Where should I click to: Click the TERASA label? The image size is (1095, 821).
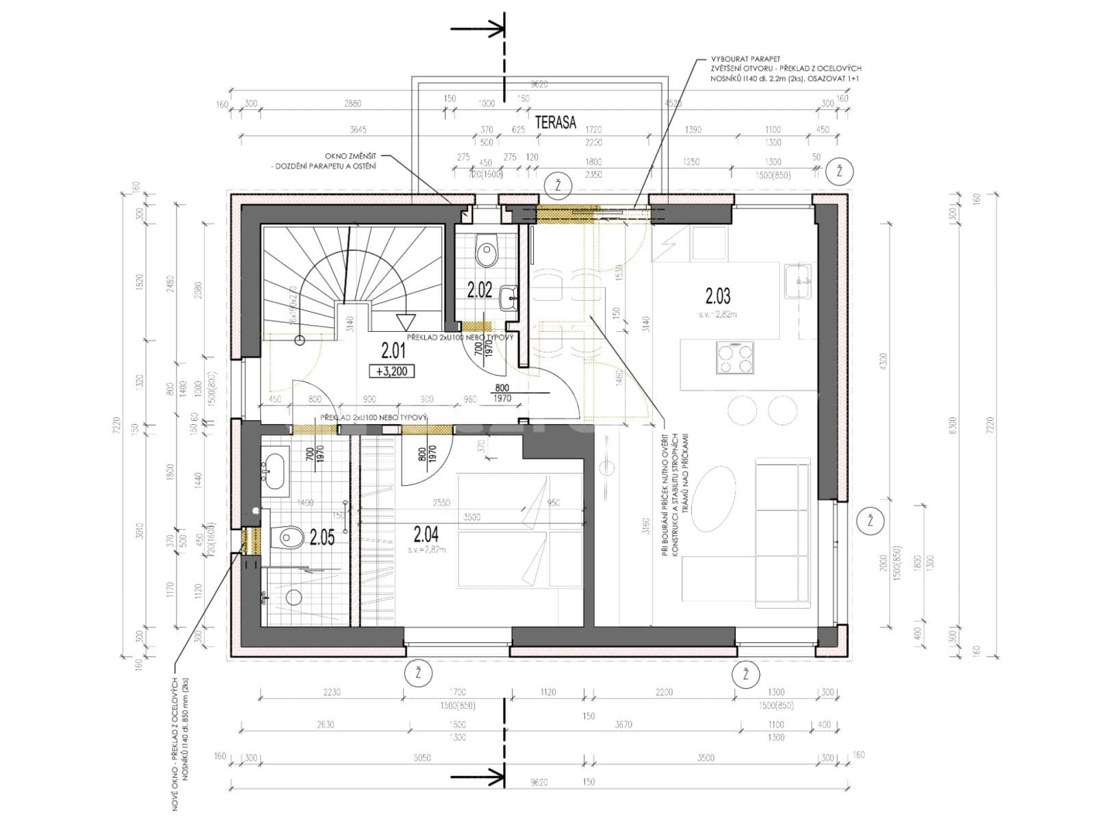556,122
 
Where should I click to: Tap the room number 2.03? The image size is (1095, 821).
718,296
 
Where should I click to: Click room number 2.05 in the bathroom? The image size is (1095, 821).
322,537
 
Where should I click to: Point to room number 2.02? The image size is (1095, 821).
480,290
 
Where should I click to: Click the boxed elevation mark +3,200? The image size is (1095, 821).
391,372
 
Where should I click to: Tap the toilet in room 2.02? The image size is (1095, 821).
487,252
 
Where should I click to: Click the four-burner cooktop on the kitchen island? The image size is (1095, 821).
734,357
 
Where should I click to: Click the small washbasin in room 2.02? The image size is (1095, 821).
508,298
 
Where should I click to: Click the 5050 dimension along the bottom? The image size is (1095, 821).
422,757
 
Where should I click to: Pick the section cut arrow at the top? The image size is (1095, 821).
479,29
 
